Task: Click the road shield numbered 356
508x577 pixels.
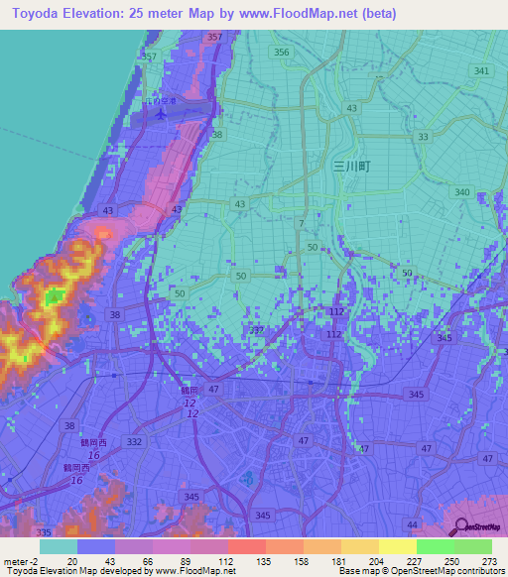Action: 282,53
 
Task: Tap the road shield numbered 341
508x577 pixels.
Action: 482,70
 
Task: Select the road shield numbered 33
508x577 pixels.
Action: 424,137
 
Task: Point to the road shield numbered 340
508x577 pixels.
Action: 461,192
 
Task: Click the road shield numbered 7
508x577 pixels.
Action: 300,225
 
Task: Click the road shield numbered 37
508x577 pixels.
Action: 258,329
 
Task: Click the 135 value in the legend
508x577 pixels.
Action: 248,562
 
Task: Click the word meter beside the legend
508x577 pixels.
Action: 13,562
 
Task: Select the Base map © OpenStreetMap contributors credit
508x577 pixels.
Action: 419,571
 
